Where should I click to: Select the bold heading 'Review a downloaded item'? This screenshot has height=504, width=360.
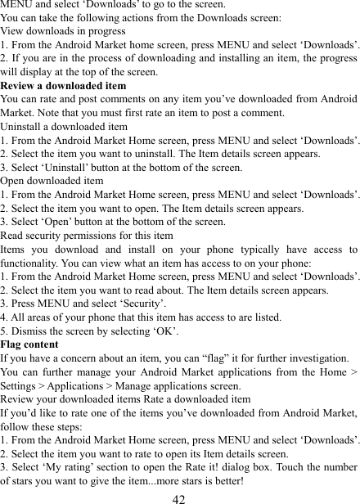(x=63, y=85)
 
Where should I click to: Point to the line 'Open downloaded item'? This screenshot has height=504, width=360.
(x=52, y=180)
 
